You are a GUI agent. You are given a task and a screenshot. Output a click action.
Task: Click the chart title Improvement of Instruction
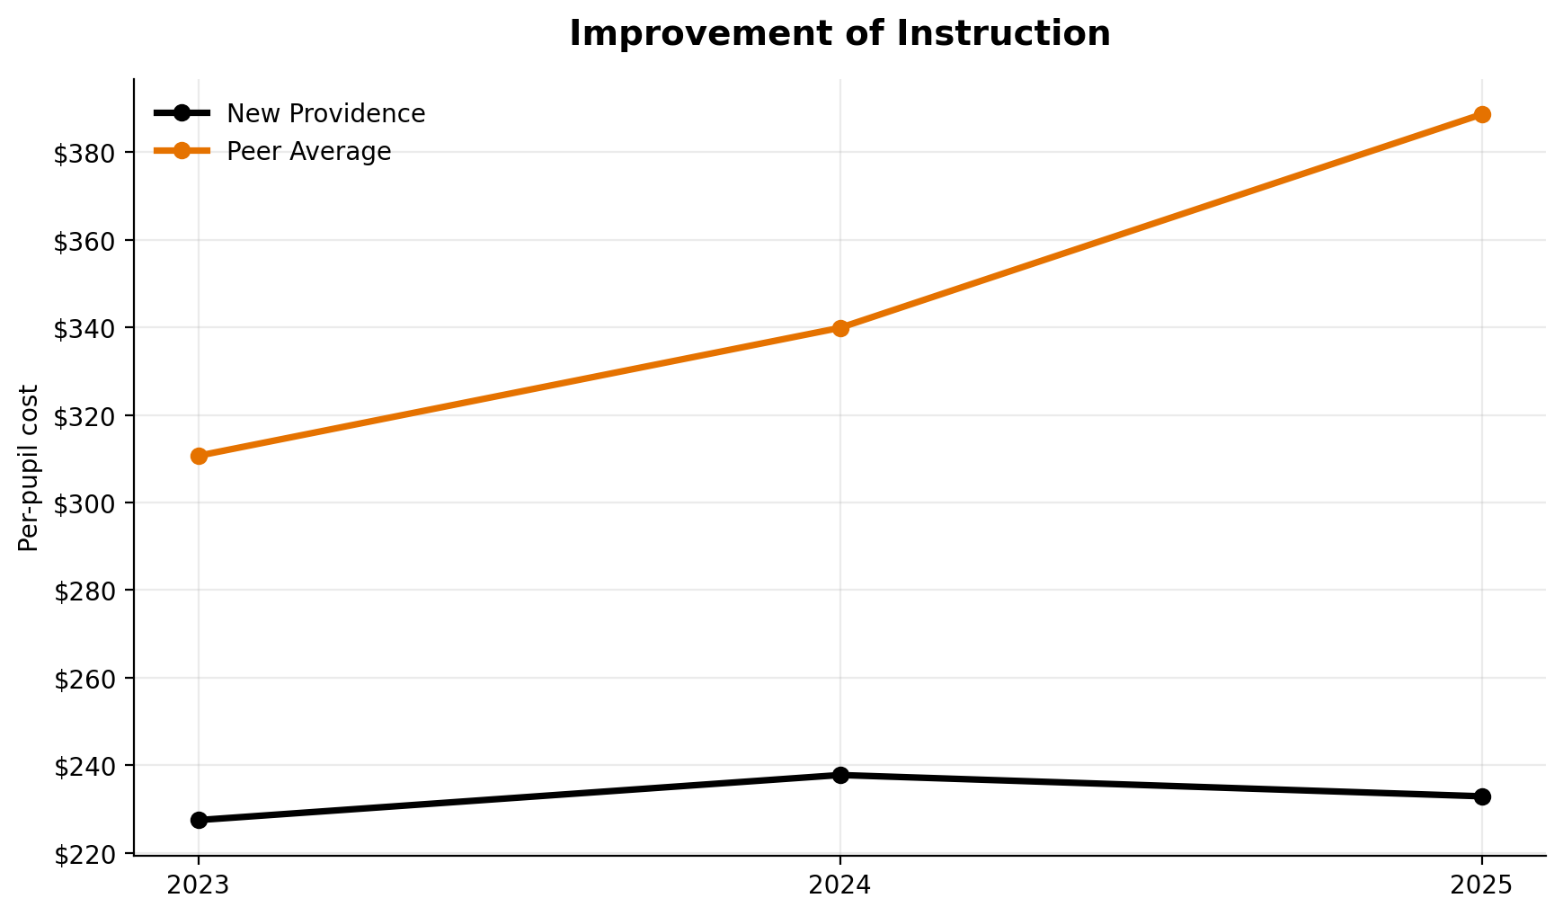839,34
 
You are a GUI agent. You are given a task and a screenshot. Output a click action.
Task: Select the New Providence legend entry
325,114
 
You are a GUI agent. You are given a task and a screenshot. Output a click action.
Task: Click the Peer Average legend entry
308,152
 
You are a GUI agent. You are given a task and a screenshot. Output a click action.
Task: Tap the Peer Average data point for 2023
200,456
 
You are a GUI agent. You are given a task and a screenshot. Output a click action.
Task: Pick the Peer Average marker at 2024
840,328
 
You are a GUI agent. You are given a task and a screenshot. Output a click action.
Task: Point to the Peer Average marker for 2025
1482,114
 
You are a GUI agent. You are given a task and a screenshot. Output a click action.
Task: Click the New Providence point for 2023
200,820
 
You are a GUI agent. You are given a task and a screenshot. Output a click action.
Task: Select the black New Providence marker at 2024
840,775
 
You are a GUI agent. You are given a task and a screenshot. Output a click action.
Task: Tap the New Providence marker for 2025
1482,796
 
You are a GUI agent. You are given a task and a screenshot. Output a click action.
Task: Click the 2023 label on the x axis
200,885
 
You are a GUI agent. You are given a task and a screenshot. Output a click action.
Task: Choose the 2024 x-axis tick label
840,885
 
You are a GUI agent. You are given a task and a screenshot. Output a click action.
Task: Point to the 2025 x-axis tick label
1482,885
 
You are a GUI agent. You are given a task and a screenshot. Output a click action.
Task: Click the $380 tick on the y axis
85,154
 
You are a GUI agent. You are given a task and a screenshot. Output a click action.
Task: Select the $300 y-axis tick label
85,503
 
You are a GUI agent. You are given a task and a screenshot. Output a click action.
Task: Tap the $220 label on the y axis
85,854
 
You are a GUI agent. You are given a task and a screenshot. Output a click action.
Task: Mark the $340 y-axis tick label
85,329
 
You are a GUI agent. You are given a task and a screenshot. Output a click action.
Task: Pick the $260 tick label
85,679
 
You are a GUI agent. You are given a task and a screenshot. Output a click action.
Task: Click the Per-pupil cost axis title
29,467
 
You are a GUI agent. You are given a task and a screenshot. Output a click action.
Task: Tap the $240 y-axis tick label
85,767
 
